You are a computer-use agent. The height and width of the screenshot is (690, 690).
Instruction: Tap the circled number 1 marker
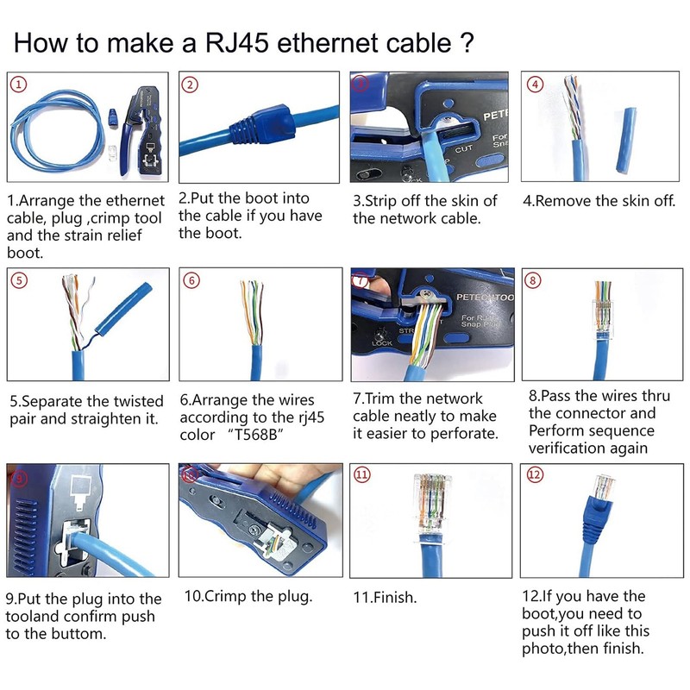[x=18, y=85]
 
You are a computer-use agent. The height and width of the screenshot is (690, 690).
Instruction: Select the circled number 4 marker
[x=535, y=85]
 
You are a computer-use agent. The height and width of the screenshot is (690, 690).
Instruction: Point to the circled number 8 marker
[x=535, y=280]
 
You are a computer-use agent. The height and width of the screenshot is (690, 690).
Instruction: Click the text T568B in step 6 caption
[x=256, y=435]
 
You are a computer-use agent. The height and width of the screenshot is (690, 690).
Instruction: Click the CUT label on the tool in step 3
[x=464, y=149]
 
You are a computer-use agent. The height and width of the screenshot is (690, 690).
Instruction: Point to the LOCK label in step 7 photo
[x=381, y=342]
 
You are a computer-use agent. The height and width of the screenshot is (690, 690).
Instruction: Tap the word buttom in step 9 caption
[x=77, y=634]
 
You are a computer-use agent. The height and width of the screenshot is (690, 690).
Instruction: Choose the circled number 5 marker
[x=18, y=280]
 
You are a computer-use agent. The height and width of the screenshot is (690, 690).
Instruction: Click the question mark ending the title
[x=466, y=42]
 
